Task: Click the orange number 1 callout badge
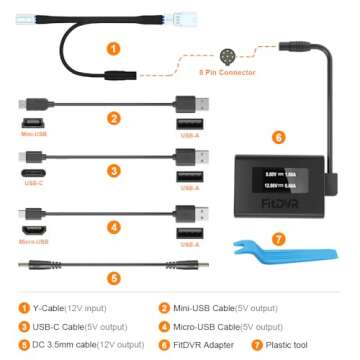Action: (x=113, y=46)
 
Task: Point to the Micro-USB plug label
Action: (x=32, y=241)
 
